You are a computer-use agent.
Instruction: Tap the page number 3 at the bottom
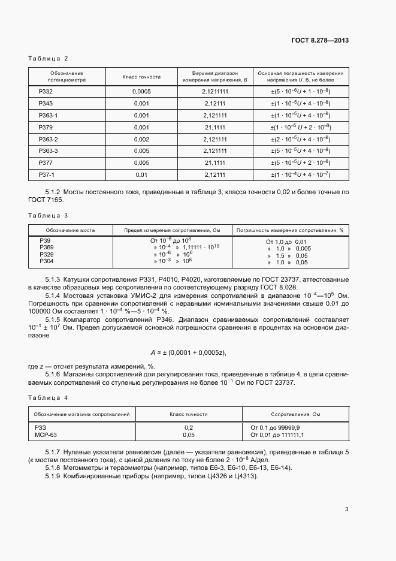pos(347,509)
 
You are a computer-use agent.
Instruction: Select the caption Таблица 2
pos(49,58)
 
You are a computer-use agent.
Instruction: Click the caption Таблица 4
pos(49,397)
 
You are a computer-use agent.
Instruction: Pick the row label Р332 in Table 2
pos(46,91)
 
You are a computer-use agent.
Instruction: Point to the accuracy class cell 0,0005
pos(141,91)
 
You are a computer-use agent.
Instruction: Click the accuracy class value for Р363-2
pos(141,139)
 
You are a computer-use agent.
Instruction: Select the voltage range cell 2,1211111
pos(215,91)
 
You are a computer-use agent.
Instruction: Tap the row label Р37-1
pos(46,174)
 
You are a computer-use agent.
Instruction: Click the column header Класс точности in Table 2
pos(141,77)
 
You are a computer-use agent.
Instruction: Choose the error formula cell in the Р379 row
pos(301,127)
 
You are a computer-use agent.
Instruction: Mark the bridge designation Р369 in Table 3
pos(46,248)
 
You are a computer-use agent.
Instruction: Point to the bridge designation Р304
pos(46,261)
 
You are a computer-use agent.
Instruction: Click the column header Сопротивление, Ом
pos(296,414)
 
